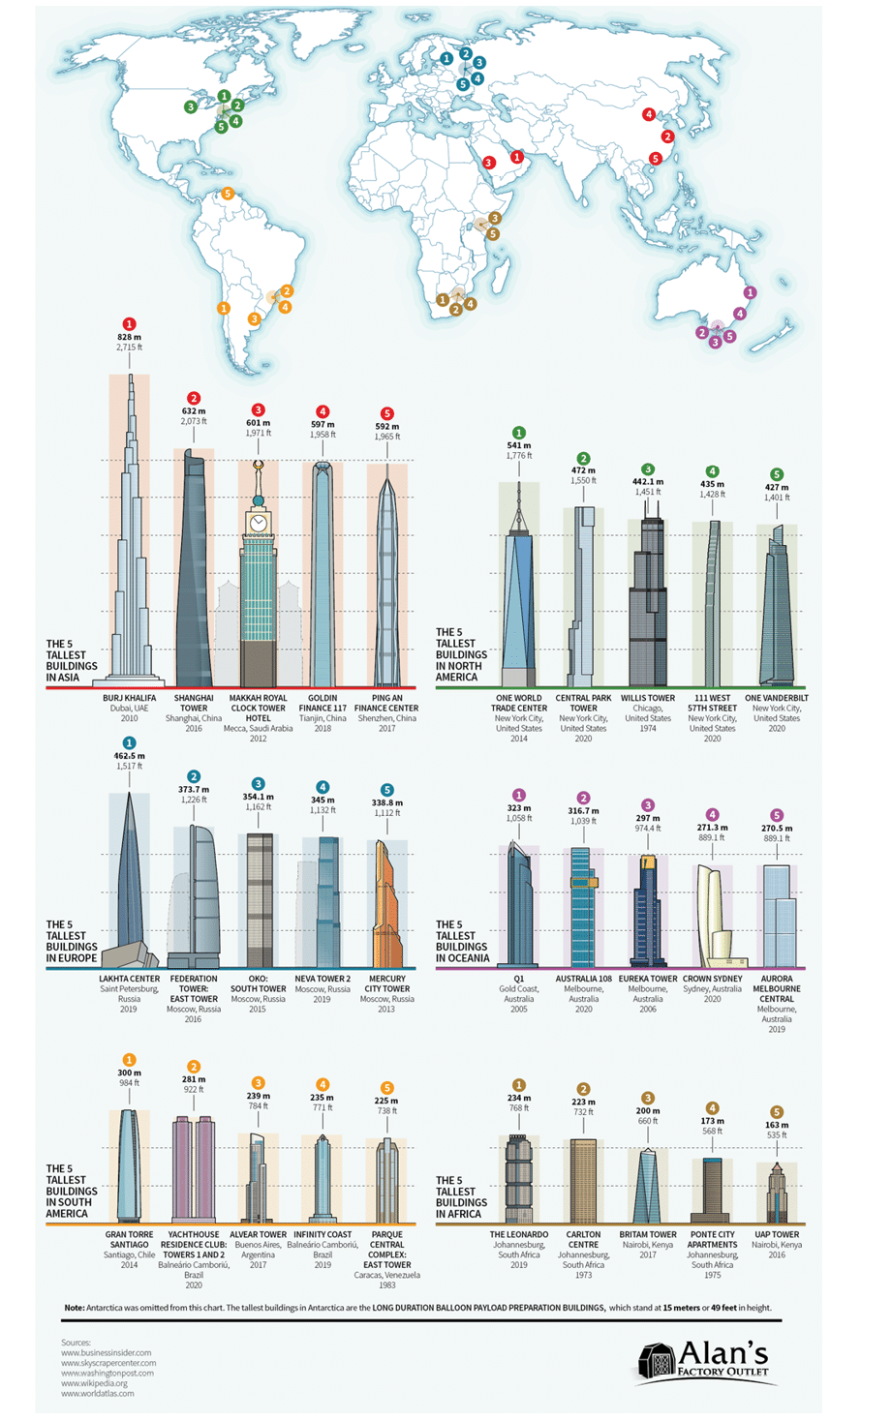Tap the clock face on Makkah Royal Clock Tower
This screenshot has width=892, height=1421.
point(259,523)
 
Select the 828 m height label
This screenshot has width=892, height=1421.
point(130,338)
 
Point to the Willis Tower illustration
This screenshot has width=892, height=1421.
point(648,610)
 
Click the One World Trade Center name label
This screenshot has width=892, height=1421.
point(519,703)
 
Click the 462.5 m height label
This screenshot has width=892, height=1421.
point(130,756)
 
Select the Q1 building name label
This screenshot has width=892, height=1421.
point(519,979)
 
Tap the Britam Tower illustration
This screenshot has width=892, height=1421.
point(648,1186)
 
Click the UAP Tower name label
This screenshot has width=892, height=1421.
point(777,1234)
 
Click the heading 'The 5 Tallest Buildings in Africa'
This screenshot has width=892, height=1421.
point(461,1196)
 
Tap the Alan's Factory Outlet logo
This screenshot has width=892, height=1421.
point(704,1360)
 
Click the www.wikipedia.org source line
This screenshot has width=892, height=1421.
point(95,1383)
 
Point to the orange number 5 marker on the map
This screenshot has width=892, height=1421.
point(229,194)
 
